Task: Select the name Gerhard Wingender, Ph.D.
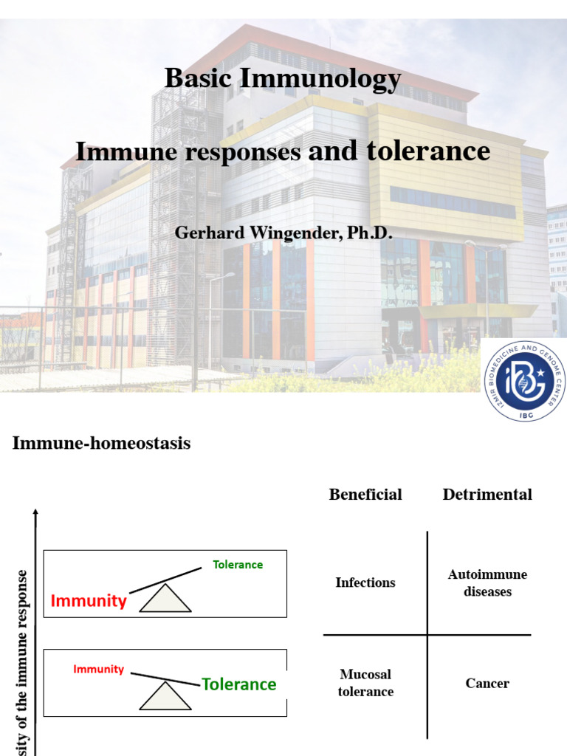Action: (283, 233)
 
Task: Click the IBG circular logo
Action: (523, 381)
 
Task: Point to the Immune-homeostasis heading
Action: (102, 443)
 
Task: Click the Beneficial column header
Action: (365, 495)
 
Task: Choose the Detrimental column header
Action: (487, 495)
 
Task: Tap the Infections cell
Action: (365, 583)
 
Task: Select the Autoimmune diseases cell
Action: (487, 583)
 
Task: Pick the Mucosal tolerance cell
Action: (365, 683)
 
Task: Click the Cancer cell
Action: (487, 684)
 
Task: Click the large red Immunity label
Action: (89, 601)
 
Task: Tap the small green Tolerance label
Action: (238, 565)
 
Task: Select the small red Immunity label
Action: (98, 670)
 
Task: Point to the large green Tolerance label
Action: (239, 684)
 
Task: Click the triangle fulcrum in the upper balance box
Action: (165, 599)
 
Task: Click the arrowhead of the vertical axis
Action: (35, 512)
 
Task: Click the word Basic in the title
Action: (194, 78)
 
